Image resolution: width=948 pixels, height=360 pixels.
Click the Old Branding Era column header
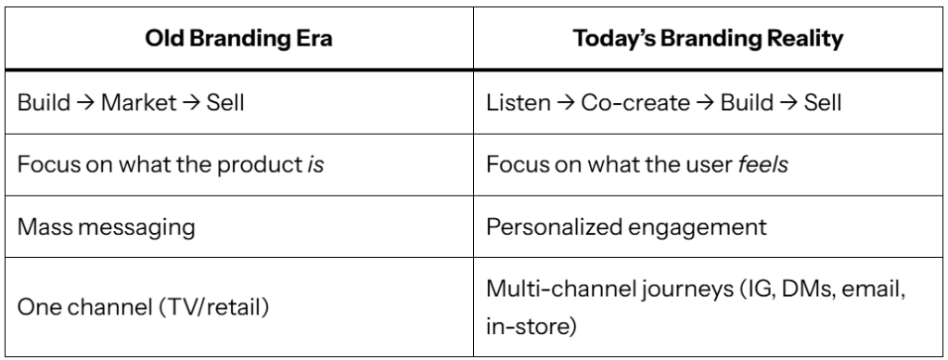click(238, 39)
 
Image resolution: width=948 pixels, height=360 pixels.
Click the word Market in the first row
click(138, 102)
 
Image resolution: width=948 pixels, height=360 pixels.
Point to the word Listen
click(519, 102)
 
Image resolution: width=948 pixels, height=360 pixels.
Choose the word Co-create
click(635, 102)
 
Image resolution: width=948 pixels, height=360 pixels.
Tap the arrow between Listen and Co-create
click(565, 103)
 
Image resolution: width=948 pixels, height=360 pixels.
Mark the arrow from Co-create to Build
click(705, 103)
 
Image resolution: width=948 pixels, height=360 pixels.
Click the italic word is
click(315, 164)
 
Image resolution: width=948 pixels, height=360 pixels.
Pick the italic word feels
click(763, 164)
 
